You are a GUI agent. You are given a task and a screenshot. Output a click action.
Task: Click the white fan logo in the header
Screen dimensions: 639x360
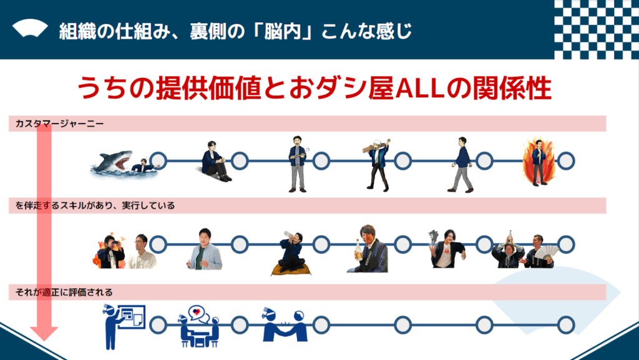click(30, 29)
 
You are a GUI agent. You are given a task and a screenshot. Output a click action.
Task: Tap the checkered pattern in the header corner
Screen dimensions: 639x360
click(596, 29)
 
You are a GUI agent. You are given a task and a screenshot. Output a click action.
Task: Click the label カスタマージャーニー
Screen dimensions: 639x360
click(59, 124)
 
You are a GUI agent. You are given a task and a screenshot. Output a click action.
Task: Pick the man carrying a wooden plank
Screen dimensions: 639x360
click(378, 165)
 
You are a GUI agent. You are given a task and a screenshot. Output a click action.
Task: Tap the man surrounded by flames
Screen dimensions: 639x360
click(539, 162)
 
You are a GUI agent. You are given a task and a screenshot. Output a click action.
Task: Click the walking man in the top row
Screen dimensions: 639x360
click(461, 165)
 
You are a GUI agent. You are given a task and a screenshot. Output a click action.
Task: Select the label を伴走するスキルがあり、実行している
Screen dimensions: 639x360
click(95, 206)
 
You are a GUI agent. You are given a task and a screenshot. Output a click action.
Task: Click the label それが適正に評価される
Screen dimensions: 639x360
click(64, 293)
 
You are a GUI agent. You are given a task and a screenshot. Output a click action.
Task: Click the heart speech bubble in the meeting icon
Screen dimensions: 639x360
click(197, 312)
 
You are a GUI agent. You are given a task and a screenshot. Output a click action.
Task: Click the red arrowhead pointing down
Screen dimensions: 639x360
click(44, 333)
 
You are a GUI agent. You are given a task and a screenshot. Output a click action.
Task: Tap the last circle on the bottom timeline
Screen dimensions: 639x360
click(565, 325)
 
